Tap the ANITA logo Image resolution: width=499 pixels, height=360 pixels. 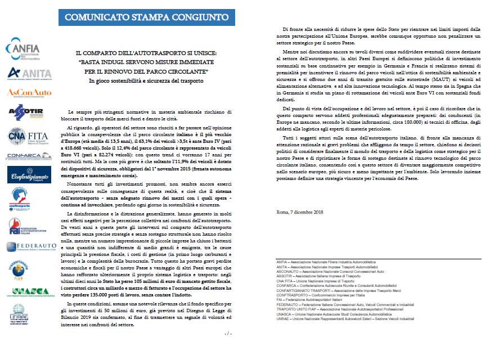[22, 74]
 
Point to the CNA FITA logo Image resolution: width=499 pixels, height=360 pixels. [22, 136]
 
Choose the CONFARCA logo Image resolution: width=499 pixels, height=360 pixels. [22, 156]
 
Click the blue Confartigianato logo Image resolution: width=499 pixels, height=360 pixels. [22, 176]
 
